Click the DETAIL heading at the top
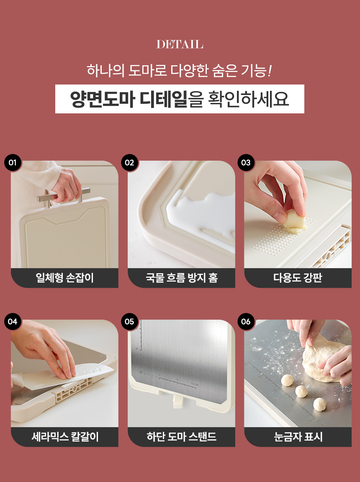tap(180, 44)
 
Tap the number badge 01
tap(13, 163)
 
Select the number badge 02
tap(129, 163)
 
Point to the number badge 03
tap(246, 163)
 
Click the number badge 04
tap(13, 321)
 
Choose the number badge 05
tap(129, 321)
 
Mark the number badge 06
tap(246, 321)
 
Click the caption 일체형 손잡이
tap(64, 278)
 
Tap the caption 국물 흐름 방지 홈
tap(181, 278)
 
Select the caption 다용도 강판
tap(298, 278)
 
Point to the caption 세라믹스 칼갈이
tap(65, 437)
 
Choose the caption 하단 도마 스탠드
tap(181, 437)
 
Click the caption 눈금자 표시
tap(298, 437)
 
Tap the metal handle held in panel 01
tap(64, 195)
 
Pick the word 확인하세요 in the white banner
tap(249, 99)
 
